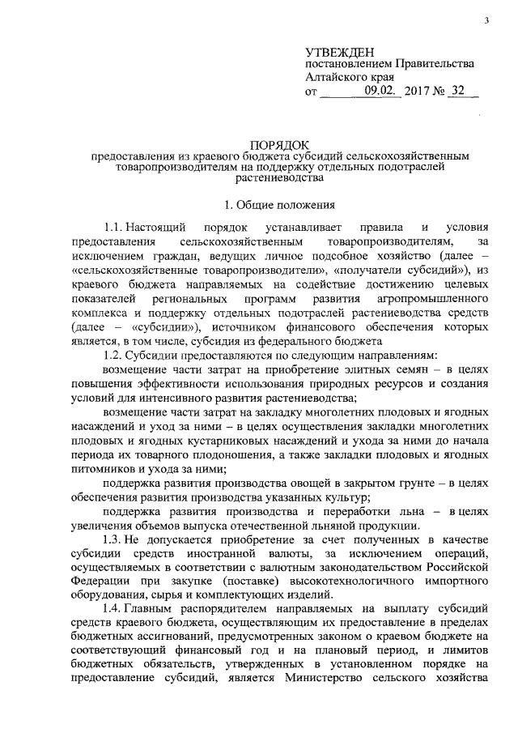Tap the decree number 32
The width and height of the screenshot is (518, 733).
[461, 92]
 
